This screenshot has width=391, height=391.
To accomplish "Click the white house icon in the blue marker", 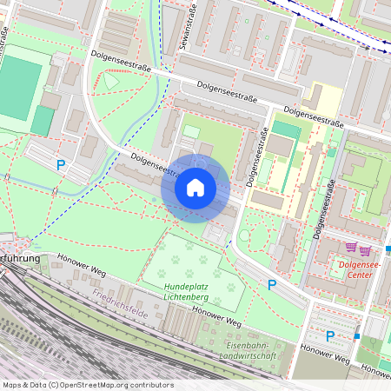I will pos(195,187).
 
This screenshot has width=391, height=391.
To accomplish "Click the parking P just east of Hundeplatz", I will pos(272,284).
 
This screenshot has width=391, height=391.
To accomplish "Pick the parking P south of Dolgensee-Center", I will pos(330,336).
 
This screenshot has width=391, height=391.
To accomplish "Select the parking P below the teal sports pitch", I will pos(60,164).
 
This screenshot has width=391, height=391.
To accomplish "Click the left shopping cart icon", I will pos(351,248).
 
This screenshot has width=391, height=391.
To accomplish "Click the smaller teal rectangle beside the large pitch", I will pos(42,121).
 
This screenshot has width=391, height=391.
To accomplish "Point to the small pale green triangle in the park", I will pos(113,81).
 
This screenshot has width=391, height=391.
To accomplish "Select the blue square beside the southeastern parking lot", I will pos(356,335).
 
